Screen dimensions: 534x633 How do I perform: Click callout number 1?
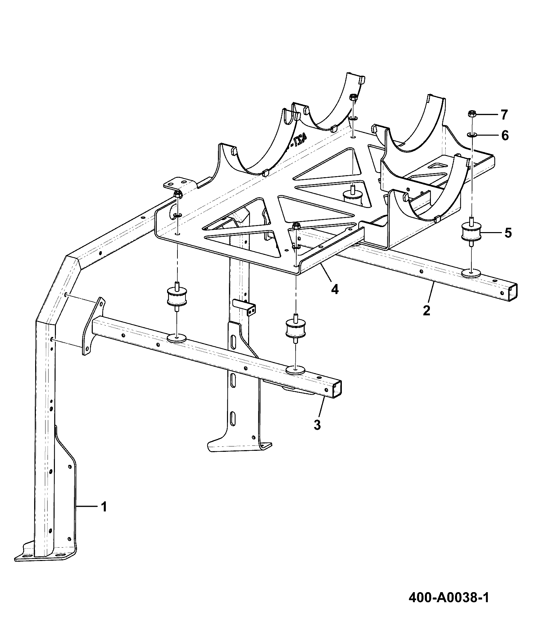coord(104,516)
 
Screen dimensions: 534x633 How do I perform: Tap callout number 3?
coord(317,425)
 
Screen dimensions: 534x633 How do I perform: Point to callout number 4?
coord(334,289)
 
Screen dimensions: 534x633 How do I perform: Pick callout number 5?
coord(508,233)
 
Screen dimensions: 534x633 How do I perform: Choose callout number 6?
coord(505,136)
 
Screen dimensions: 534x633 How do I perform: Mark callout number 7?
coord(504,115)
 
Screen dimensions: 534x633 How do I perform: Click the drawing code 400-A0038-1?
coord(449,597)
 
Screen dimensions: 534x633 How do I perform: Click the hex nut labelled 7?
coord(471,114)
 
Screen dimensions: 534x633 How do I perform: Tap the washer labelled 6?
coord(472,135)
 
